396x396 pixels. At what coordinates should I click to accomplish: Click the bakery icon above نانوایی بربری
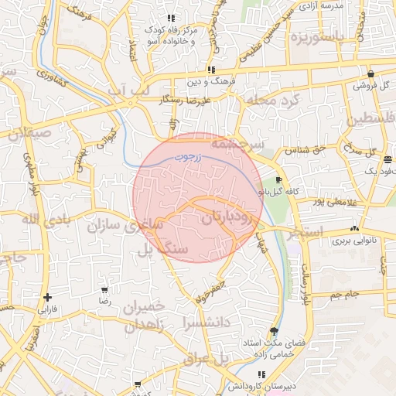(354, 228)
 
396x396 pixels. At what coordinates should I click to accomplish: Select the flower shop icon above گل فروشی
(371, 74)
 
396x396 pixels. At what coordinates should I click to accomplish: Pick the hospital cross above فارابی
(48, 297)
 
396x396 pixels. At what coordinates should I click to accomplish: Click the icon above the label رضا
(104, 290)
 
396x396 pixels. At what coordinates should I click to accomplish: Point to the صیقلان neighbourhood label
(29, 132)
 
